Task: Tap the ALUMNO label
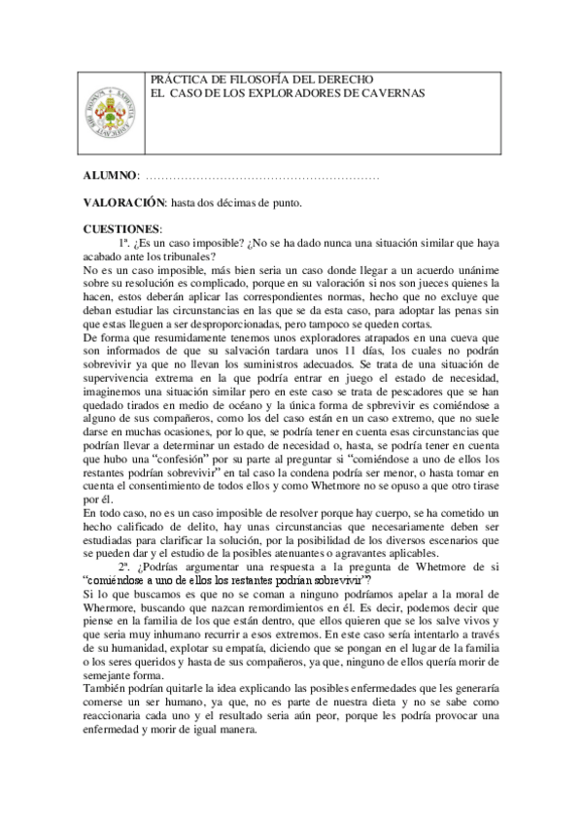[x=110, y=177]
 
